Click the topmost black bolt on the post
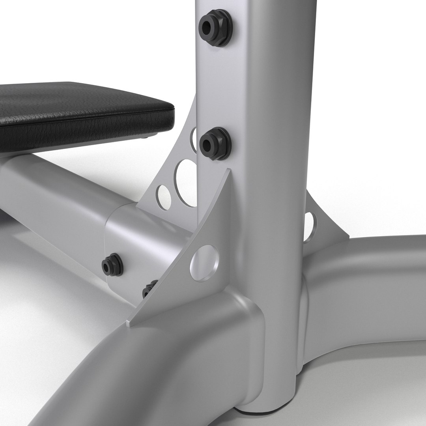click(215, 27)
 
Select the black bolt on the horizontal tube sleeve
click(112, 265)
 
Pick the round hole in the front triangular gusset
click(204, 263)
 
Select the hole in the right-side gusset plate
click(310, 222)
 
